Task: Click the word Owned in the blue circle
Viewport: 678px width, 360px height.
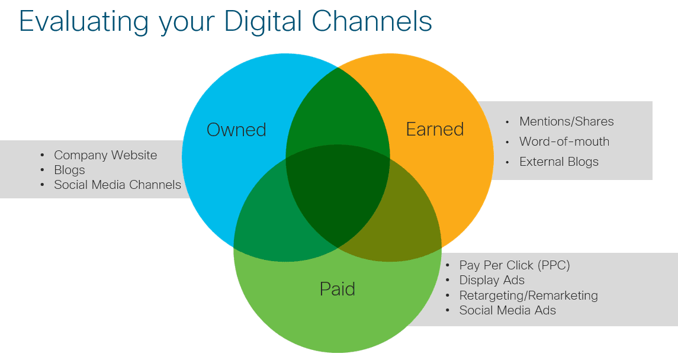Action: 236,130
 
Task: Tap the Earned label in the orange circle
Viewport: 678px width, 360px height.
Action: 435,129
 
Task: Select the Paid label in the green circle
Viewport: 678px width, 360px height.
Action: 338,289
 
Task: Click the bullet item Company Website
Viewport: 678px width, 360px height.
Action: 105,155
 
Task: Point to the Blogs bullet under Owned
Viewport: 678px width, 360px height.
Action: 69,170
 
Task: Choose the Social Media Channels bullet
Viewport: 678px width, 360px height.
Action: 117,185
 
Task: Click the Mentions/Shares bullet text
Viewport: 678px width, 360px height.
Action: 567,121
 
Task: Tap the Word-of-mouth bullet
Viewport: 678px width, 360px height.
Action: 564,142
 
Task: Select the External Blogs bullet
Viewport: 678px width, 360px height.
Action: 558,162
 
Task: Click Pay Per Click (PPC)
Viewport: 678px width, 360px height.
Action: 515,265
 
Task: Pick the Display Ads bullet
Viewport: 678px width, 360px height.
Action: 491,280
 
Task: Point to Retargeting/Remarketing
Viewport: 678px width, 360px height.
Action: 528,295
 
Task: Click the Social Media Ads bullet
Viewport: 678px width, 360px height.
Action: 507,310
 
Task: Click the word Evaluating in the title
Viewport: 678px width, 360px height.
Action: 83,21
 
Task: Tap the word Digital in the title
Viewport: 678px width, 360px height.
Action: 263,21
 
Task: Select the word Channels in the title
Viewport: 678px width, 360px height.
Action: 372,21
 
